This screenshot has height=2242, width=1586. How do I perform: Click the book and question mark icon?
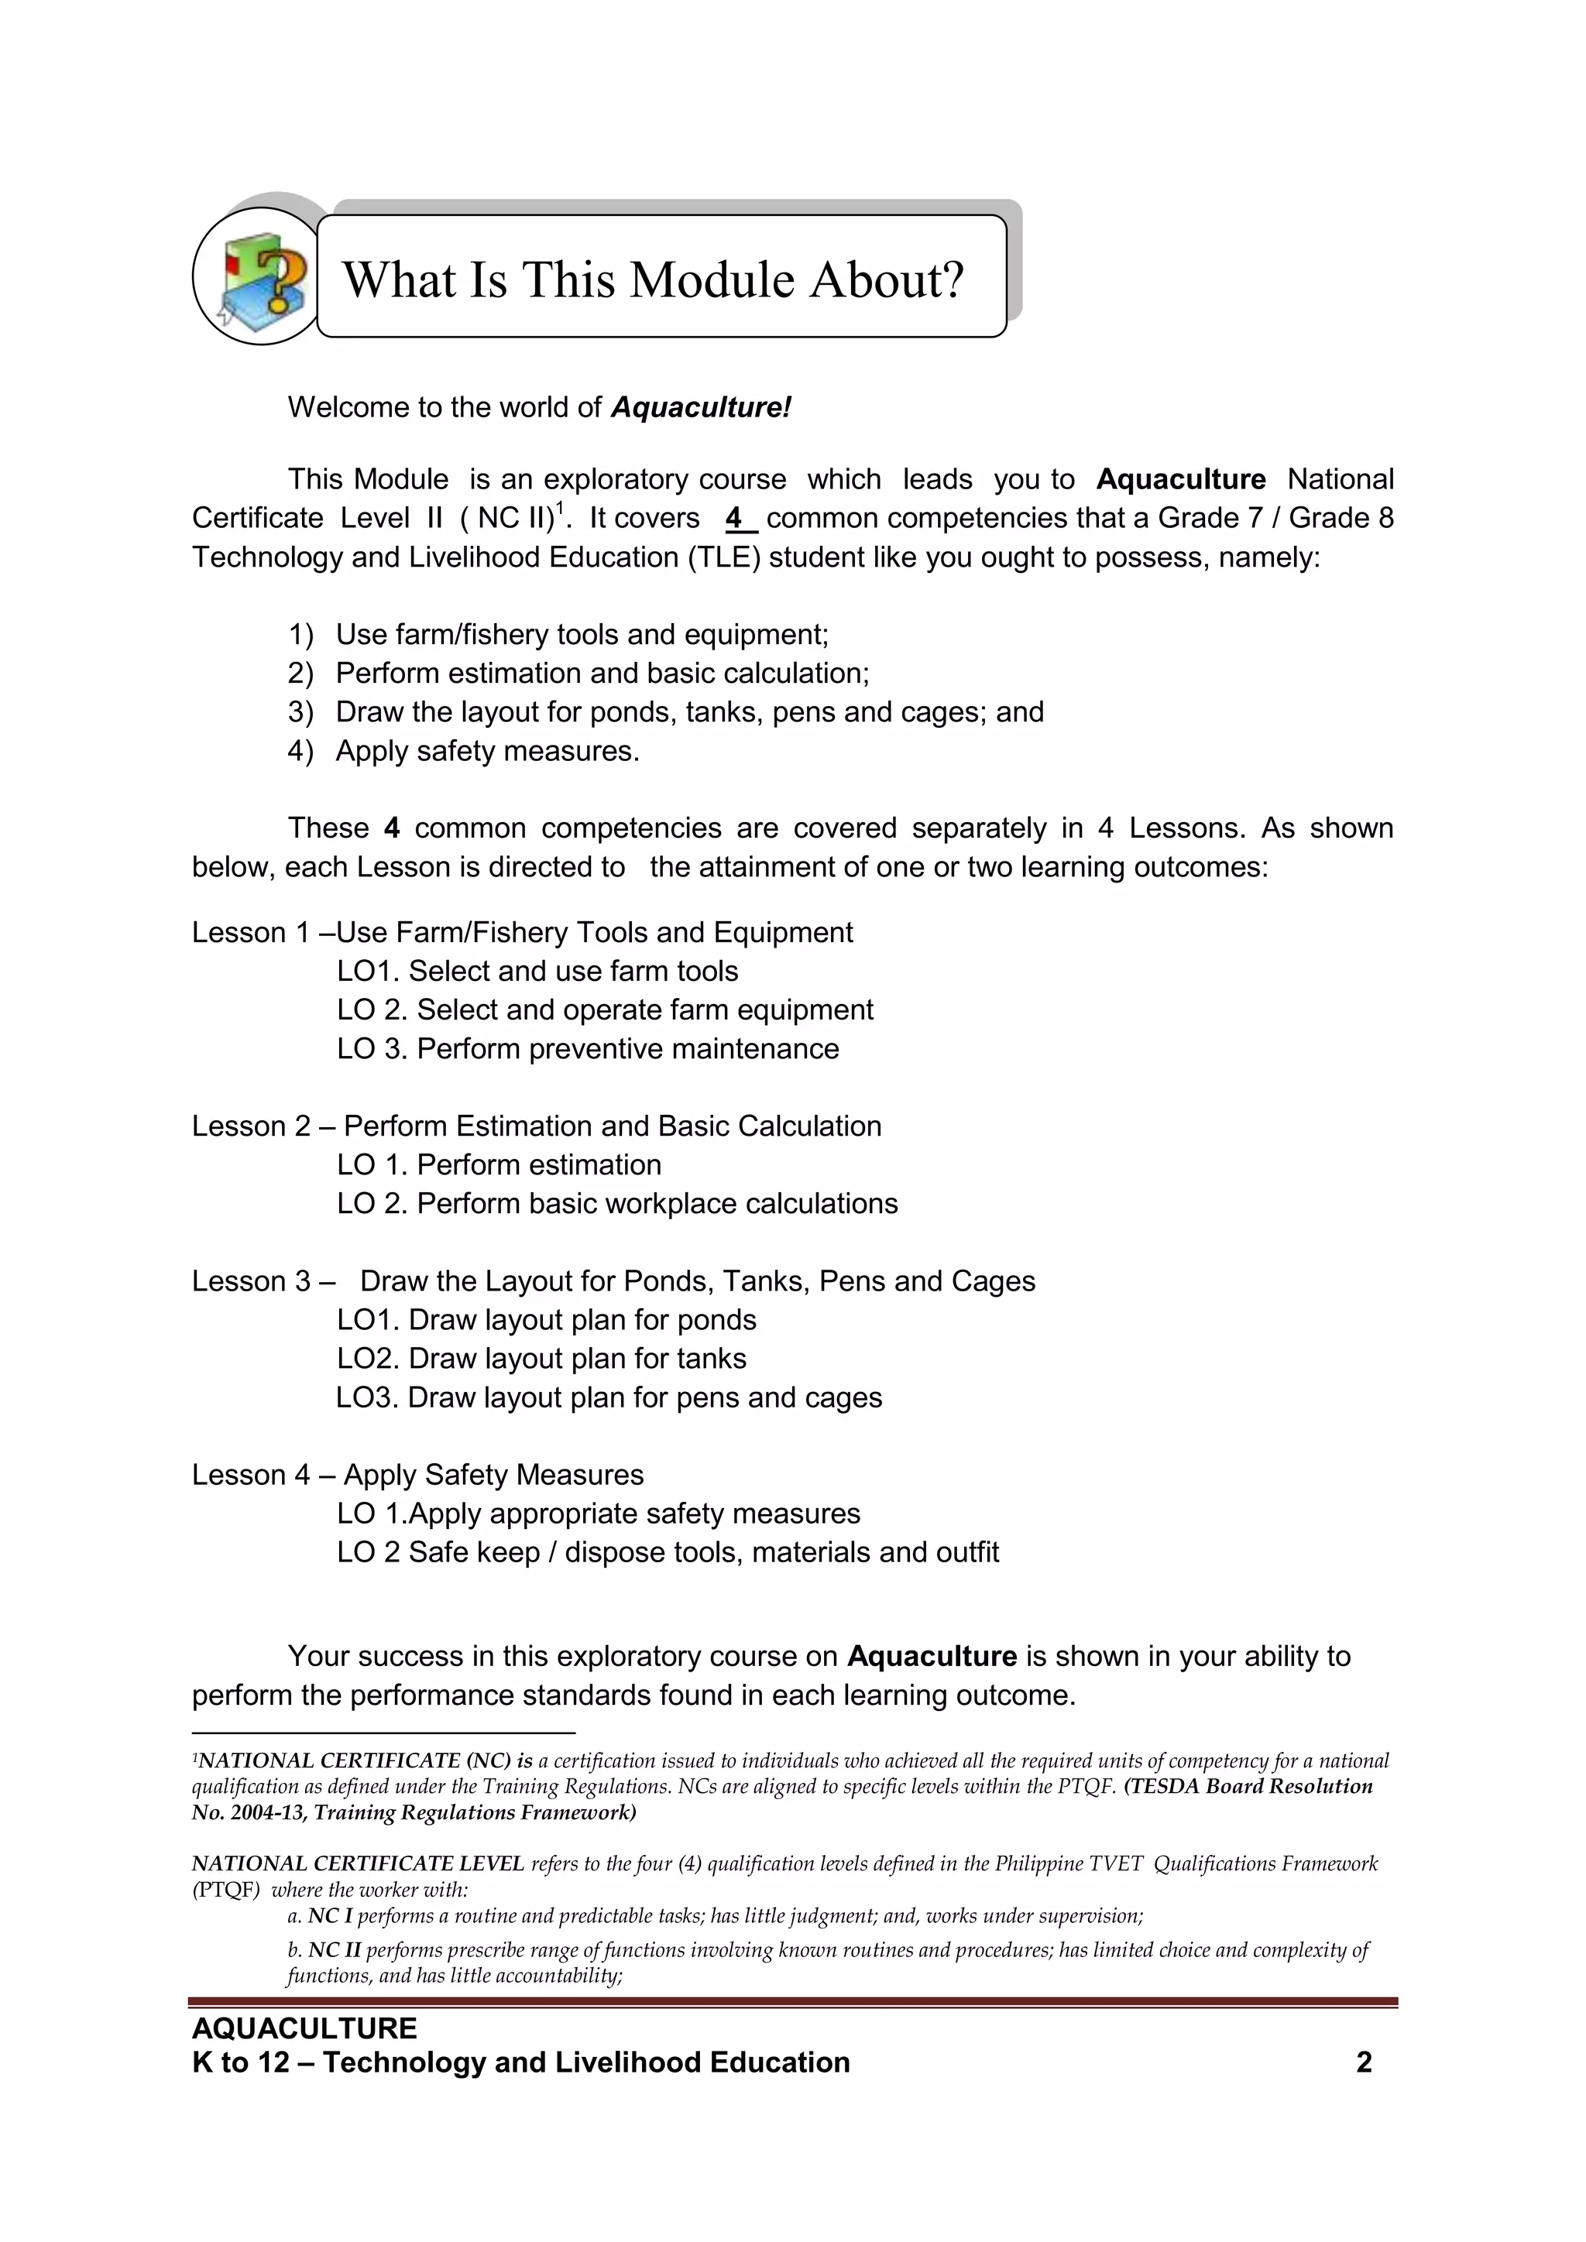259,277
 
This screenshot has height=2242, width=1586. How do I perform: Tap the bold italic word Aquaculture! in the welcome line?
700,407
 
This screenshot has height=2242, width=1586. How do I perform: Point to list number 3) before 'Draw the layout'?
300,712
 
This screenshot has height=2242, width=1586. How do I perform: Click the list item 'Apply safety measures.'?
486,751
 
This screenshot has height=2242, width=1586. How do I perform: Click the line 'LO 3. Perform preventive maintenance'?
588,1049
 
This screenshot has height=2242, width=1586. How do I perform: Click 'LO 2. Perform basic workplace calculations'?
617,1203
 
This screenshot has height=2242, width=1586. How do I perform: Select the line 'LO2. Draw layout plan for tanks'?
541,1359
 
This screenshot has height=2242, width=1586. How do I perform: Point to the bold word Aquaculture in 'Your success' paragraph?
932,1656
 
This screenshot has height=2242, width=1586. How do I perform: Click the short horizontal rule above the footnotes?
383,1733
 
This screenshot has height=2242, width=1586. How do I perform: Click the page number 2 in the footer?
1365,2062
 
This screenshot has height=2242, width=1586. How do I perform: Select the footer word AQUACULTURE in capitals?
304,2028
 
